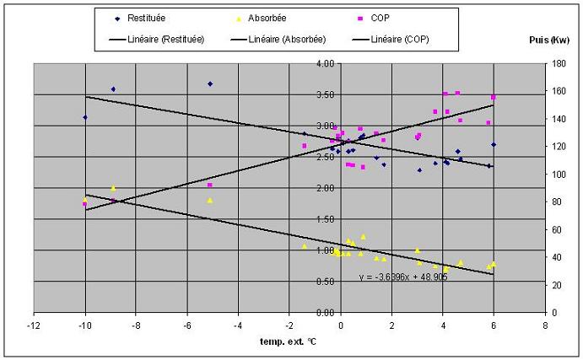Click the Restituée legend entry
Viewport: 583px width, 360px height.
pos(140,19)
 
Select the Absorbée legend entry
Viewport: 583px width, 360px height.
pos(262,19)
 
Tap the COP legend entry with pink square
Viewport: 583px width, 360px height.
pos(373,19)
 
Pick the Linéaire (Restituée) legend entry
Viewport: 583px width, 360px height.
pos(157,39)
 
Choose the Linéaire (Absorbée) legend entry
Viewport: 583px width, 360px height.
pos(278,39)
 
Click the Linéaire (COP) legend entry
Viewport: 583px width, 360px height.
pos(391,39)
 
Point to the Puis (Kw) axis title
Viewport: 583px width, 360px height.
pos(549,40)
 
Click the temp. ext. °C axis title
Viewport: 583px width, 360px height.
pos(289,341)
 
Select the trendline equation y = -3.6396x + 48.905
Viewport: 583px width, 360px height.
pos(403,277)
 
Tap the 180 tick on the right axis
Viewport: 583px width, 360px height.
pos(558,63)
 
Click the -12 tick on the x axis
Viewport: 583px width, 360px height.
pos(34,325)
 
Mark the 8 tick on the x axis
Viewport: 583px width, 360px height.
pos(545,325)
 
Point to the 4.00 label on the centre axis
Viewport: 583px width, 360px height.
pos(326,63)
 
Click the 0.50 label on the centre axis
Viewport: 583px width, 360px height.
pos(326,282)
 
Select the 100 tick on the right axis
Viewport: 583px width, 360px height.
pos(558,174)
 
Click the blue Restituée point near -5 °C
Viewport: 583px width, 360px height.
pos(210,84)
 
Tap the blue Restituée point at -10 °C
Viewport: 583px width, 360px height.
pos(85,117)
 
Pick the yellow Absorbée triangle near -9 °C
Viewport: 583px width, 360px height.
pos(113,188)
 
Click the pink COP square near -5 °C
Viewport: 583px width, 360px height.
pos(210,185)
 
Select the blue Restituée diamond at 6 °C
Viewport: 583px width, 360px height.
pos(494,144)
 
